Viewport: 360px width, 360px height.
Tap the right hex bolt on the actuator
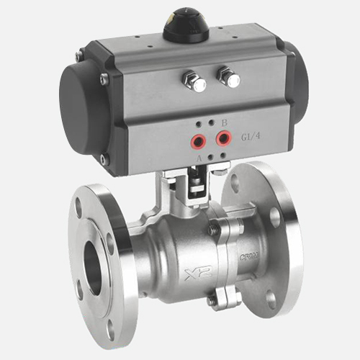[x=230, y=76]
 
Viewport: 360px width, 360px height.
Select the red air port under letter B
[x=223, y=136]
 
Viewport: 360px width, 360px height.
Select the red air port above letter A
[x=197, y=139]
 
